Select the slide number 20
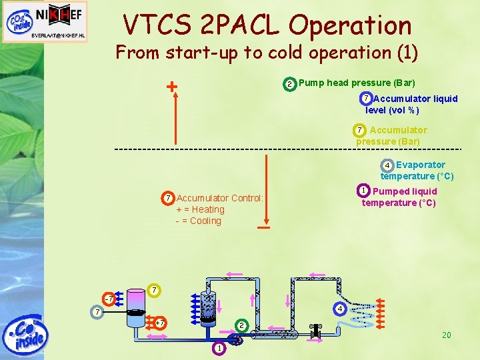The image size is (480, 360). coord(446,335)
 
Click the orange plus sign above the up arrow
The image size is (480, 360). coord(172,86)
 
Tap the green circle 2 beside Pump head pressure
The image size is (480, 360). coord(289,84)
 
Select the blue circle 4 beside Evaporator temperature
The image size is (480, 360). coord(387,165)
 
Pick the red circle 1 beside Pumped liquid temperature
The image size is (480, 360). coord(363,191)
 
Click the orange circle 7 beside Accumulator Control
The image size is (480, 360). coord(168,199)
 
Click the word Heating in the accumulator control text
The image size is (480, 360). coord(209,209)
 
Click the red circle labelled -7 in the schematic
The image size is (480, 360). coord(109,297)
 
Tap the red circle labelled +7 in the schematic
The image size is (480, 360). coord(159,323)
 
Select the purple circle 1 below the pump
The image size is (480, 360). coord(219,349)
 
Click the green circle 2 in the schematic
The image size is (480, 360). coord(242,325)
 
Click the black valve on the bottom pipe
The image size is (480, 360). coord(315,330)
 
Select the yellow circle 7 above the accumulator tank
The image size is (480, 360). coord(154,290)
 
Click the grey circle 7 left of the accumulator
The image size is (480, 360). coord(97,311)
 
